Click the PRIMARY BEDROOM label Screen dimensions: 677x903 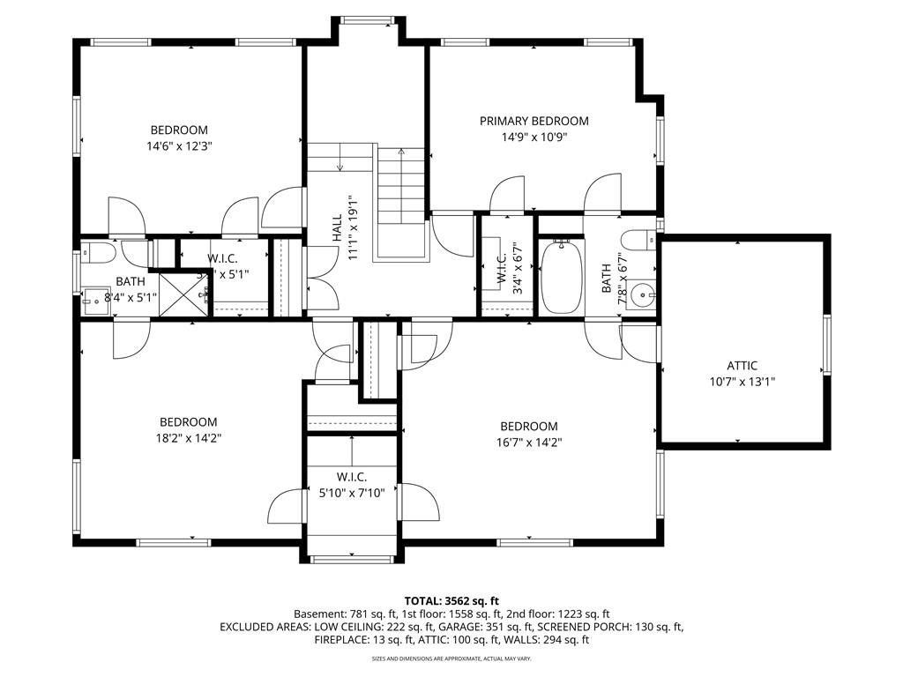(x=534, y=121)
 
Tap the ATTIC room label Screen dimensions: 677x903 (x=742, y=366)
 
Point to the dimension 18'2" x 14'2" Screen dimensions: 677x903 (x=188, y=438)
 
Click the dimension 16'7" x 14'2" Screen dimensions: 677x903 (x=528, y=443)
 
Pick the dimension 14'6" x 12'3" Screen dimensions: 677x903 (x=179, y=146)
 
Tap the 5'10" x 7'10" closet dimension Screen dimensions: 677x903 (x=351, y=494)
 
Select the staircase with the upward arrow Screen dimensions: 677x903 (x=401, y=203)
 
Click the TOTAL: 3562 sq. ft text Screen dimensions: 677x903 (x=451, y=599)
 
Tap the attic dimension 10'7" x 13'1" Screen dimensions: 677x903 (x=742, y=382)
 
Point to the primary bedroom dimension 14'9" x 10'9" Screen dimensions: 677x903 (x=534, y=137)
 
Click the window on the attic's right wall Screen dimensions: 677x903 (x=827, y=344)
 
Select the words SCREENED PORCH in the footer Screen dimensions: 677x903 (x=584, y=627)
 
